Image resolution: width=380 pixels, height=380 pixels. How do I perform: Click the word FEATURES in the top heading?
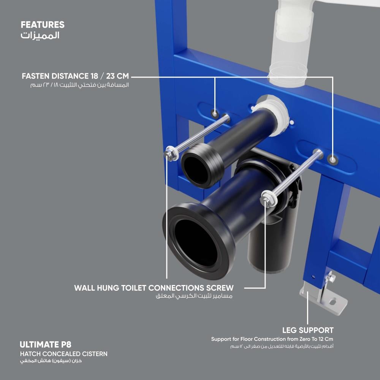(x=43, y=25)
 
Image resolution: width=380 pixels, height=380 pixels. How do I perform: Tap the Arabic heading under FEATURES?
(x=40, y=35)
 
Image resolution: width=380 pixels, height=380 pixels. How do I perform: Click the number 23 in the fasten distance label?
(x=110, y=76)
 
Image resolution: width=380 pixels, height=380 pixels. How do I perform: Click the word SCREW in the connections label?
(x=220, y=288)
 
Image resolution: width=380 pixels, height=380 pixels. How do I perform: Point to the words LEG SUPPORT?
(x=308, y=330)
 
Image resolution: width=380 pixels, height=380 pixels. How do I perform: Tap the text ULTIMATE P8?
(x=46, y=345)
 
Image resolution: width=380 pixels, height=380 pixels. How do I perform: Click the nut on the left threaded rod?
(x=169, y=154)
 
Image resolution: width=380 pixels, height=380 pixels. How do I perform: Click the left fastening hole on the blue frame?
(x=215, y=113)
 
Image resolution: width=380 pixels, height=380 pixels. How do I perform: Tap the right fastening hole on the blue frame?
(x=333, y=160)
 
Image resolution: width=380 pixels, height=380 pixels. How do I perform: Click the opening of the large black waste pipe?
(x=196, y=242)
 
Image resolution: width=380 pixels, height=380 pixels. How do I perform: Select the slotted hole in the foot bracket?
(x=333, y=302)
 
